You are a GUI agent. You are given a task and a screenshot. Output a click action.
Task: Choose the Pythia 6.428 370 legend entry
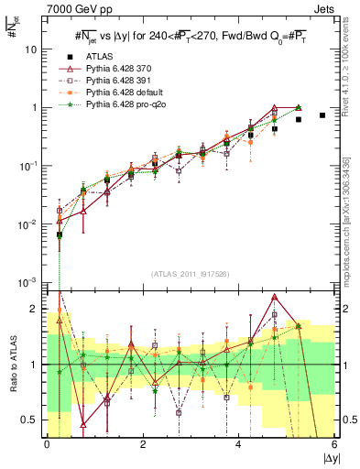tap(124, 70)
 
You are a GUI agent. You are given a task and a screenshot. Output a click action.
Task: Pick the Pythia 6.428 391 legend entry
tap(124, 82)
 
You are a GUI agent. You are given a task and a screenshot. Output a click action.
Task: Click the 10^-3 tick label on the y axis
tap(30, 281)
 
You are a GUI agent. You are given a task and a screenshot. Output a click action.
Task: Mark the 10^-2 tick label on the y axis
tap(30, 224)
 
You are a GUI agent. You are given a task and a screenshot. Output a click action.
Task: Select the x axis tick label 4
tap(239, 444)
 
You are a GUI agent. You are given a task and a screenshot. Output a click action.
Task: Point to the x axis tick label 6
tap(334, 444)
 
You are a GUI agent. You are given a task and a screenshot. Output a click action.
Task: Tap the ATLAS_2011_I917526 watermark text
tap(191, 274)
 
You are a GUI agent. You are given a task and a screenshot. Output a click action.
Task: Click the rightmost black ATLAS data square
tap(322, 115)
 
